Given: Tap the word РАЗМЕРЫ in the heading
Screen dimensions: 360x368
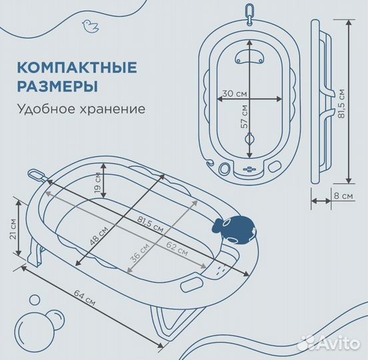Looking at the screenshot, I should (x=56, y=86).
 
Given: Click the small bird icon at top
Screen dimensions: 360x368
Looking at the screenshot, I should (x=87, y=25).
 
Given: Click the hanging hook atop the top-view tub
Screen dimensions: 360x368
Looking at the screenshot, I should (x=250, y=13).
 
